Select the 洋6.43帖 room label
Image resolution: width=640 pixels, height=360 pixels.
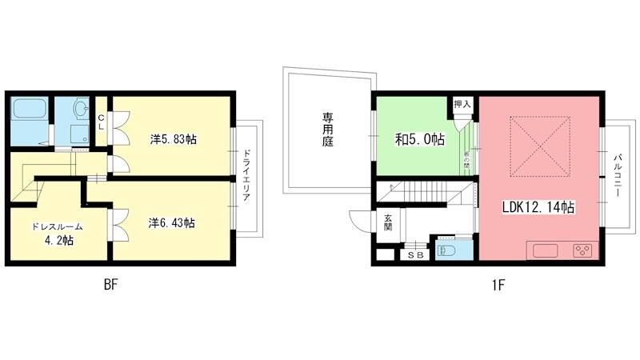click(x=171, y=222)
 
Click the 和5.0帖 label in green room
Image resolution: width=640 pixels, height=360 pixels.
click(x=419, y=139)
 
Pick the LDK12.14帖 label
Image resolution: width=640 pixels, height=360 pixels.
click(x=538, y=207)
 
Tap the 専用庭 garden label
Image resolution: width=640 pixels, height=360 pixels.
click(x=328, y=130)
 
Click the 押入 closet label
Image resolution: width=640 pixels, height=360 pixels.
click(x=462, y=105)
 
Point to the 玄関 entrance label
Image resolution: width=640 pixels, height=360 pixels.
click(x=387, y=222)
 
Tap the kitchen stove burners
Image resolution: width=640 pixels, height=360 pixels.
click(x=582, y=251)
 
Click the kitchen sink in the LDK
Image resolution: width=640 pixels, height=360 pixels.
click(x=545, y=251)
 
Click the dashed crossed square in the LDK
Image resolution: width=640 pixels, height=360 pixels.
click(x=541, y=146)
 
